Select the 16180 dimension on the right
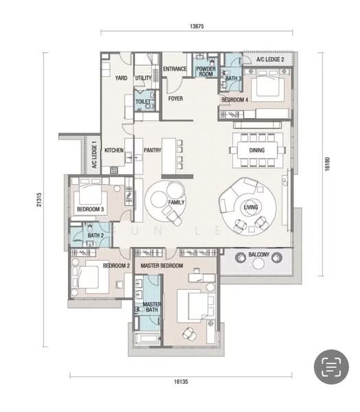point(330,163)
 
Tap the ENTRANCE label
point(175,69)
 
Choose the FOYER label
point(176,98)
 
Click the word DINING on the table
point(256,150)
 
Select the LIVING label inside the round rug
point(251,206)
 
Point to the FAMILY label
point(176,203)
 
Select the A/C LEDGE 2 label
point(270,60)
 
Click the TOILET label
point(143,102)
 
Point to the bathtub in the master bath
point(147,338)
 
